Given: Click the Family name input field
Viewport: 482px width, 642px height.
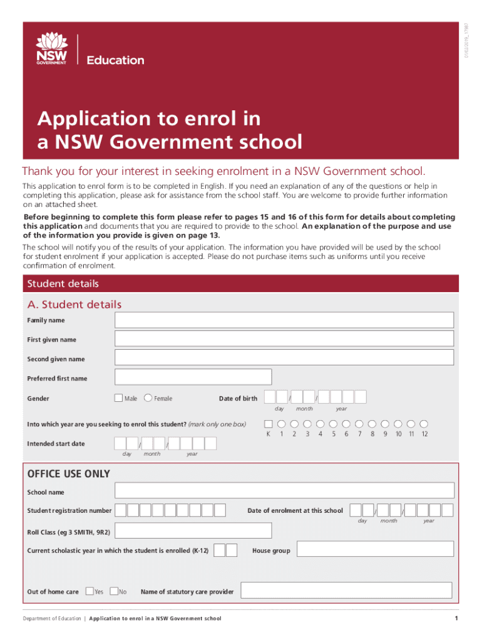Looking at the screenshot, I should coord(284,320).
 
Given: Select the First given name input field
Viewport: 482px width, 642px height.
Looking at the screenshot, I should coord(284,339).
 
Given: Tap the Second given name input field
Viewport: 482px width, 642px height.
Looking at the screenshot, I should coord(284,358).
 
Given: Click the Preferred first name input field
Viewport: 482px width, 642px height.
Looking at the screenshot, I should coord(193,377).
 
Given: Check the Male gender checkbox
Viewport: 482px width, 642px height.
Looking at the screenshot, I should coord(118,397).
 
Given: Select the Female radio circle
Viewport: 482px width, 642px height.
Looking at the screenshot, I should coord(148,397).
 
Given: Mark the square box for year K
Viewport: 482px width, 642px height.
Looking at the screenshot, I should coord(269,423).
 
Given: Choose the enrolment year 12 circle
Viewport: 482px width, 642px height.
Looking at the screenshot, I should coord(424,423).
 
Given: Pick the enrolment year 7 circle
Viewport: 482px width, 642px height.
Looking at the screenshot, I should coord(359,423).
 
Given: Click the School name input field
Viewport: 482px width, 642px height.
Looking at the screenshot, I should coord(284,492).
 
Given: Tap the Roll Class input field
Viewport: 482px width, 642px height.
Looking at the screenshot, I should coord(193,531).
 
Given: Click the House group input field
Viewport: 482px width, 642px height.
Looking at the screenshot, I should coord(374,550).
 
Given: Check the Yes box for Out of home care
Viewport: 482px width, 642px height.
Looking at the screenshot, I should coord(90,591).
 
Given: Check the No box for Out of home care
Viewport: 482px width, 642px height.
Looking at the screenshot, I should coord(114,591).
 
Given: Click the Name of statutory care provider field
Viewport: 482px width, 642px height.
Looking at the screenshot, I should coord(346,591).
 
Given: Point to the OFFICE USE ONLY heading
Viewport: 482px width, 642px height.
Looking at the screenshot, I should coord(68,474).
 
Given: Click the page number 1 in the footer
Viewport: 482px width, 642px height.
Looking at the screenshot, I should coord(456,619).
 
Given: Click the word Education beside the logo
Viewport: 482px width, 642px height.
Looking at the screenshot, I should coord(115,60).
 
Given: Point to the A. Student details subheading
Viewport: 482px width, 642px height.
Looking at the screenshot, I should coord(74,305).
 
